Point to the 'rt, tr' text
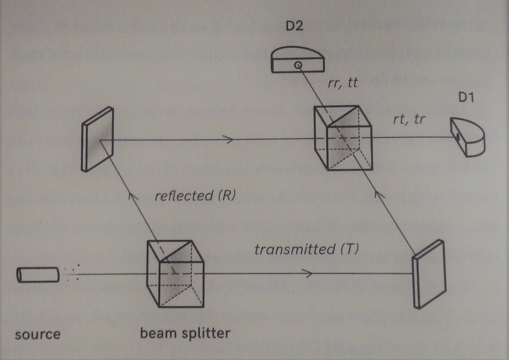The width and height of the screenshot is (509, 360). tap(408, 121)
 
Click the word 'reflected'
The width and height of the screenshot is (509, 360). tap(183, 196)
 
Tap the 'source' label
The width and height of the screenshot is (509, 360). tap(38, 334)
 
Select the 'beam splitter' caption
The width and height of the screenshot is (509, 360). tap(185, 333)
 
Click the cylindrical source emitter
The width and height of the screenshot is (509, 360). tap(38, 274)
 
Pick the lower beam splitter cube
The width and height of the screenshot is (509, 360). tap(175, 274)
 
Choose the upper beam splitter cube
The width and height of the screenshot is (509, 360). tap(343, 138)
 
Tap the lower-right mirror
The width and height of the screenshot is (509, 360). tap(429, 273)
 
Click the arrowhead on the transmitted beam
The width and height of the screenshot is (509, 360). tap(309, 275)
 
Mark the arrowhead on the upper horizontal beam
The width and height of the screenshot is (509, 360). tap(229, 139)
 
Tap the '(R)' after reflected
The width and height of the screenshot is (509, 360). tap(225, 196)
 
